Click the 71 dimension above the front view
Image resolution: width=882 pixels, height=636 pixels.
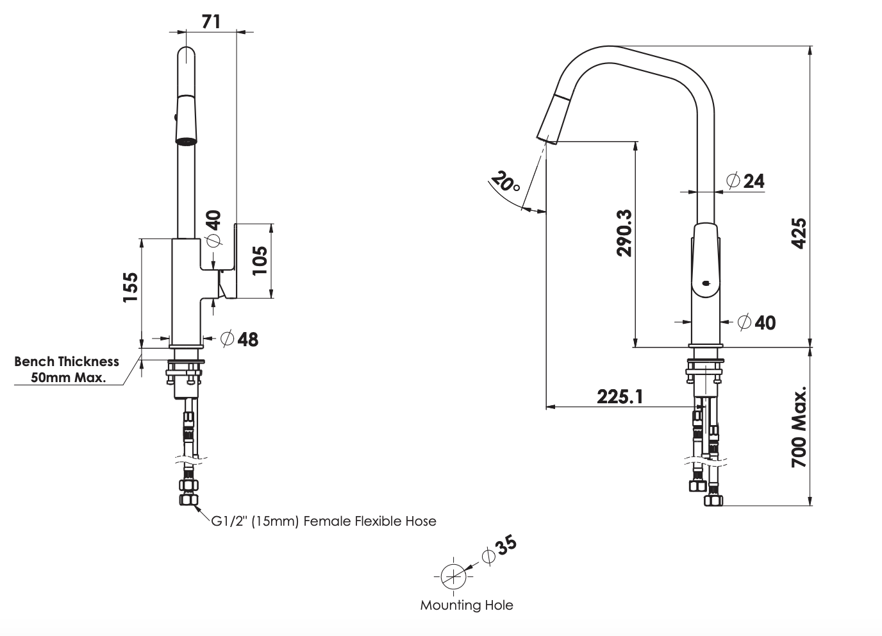(211, 21)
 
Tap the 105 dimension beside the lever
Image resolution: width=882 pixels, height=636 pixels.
(259, 260)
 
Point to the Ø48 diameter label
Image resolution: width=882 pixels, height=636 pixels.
(240, 339)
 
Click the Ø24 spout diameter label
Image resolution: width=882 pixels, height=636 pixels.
(745, 181)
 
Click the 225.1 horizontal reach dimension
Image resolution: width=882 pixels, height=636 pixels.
(620, 396)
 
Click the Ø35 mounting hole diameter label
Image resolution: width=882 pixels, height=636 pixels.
(499, 549)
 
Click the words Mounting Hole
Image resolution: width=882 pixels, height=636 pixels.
(467, 605)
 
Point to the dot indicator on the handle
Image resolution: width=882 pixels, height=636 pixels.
(706, 283)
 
